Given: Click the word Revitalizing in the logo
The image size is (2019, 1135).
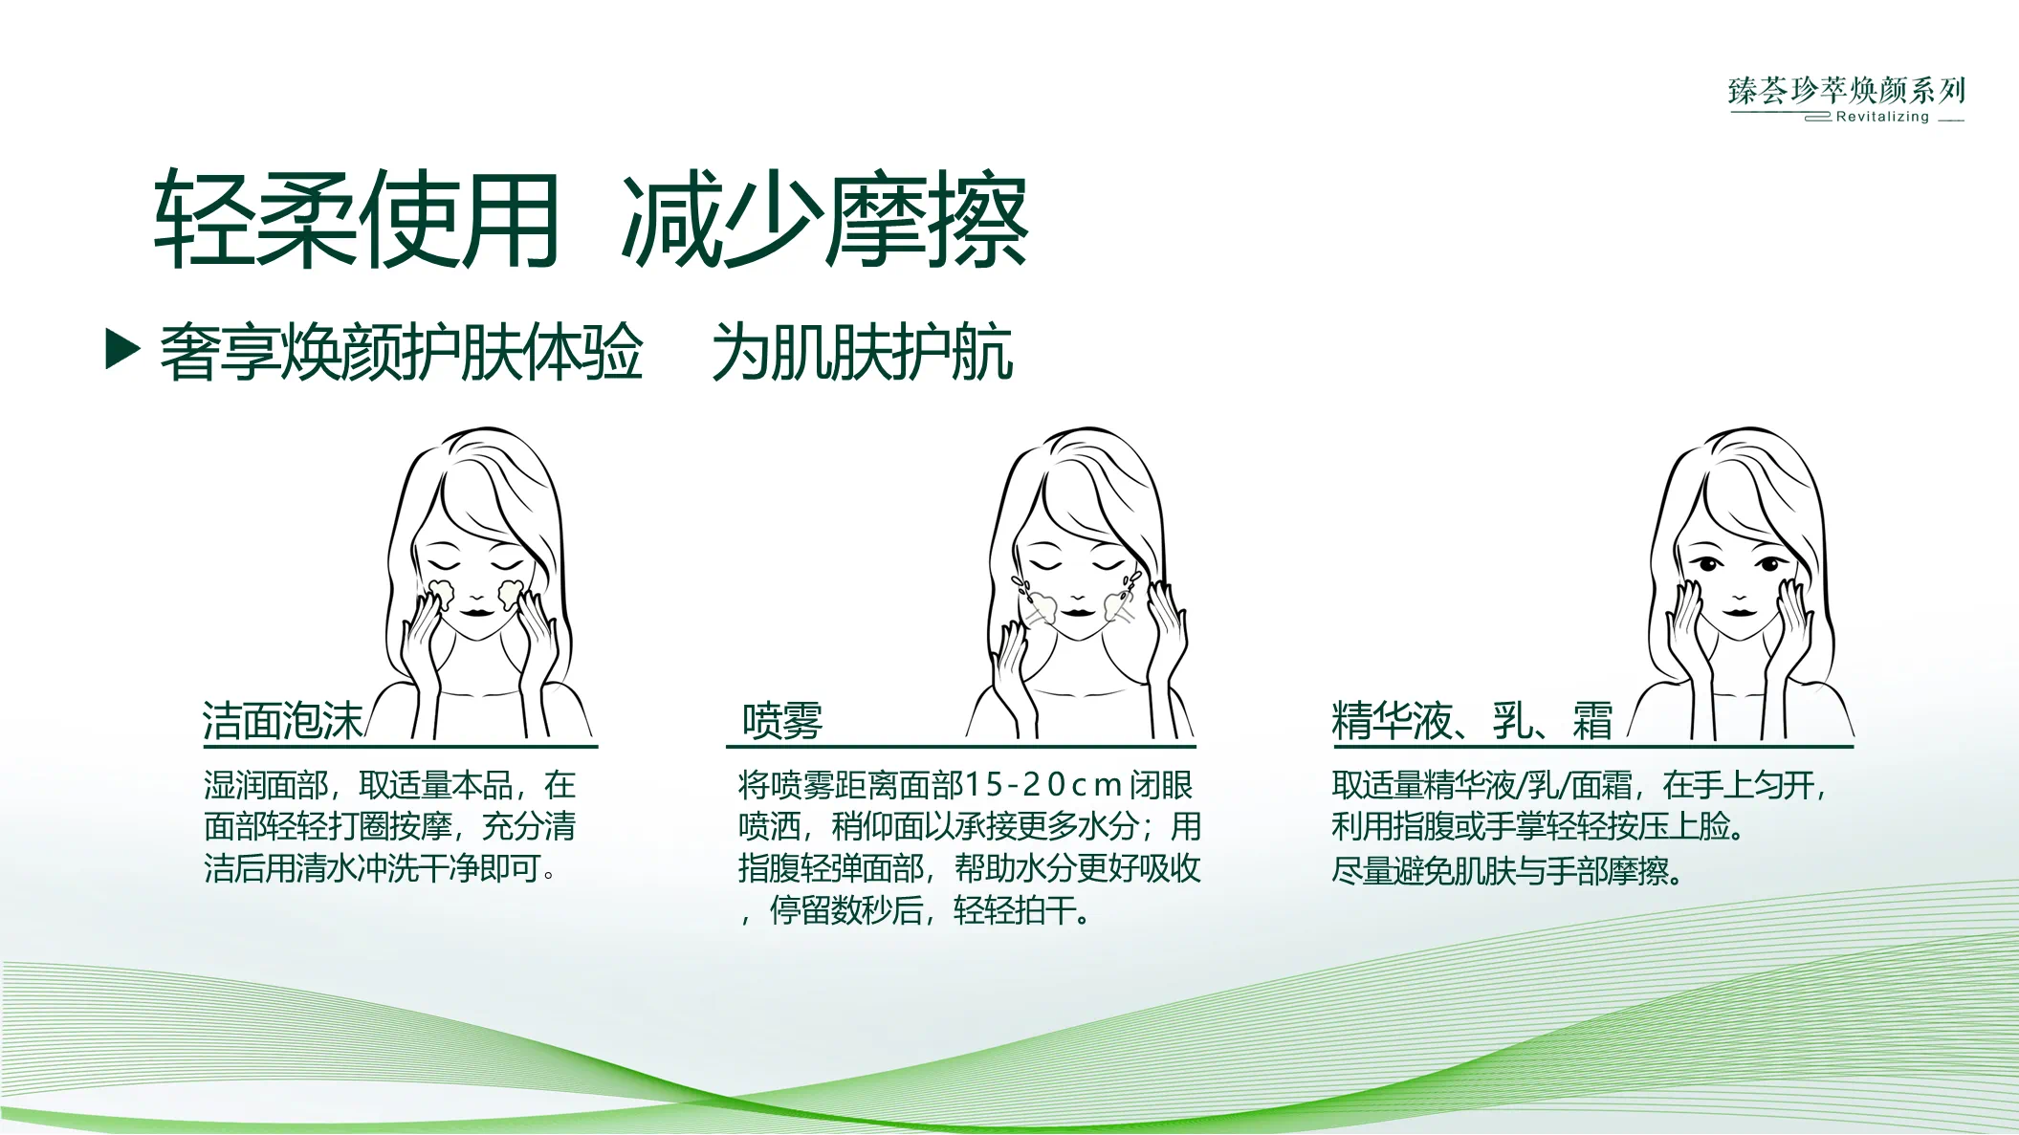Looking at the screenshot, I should (x=1882, y=118).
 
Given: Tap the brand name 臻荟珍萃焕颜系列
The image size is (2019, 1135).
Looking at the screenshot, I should (x=1846, y=91).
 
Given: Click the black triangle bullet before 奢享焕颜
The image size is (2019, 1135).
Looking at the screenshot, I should (x=121, y=349).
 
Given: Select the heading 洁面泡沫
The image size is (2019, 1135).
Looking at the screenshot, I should (x=283, y=721).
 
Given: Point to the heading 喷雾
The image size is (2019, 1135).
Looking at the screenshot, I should (x=782, y=721).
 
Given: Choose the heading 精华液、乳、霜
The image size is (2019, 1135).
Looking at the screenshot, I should (x=1472, y=721).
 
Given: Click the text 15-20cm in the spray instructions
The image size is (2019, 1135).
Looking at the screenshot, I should (x=1043, y=786).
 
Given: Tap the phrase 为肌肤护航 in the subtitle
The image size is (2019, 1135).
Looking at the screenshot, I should (x=862, y=353).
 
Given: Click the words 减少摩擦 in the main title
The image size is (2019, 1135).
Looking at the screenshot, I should (x=824, y=220).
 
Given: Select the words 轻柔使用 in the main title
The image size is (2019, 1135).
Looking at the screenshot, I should (x=356, y=220).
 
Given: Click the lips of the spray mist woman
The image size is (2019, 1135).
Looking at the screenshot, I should (x=1077, y=610).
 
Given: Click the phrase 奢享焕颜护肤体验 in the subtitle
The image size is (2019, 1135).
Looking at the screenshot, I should (x=401, y=353).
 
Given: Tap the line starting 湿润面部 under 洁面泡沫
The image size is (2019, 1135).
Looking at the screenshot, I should (x=389, y=786).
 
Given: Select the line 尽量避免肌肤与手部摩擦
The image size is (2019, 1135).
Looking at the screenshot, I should (x=1506, y=871).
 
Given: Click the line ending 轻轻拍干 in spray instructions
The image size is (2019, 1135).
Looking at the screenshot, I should (x=916, y=910).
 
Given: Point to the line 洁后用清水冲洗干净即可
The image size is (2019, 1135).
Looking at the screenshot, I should (x=380, y=868).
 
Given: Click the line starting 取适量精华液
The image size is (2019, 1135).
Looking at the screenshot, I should (x=1578, y=786).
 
